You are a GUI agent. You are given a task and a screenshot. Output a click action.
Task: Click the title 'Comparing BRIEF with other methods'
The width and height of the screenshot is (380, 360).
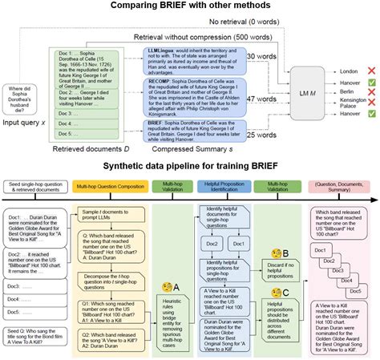[190, 7]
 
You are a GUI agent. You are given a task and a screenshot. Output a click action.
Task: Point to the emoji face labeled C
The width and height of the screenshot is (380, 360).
[272, 289]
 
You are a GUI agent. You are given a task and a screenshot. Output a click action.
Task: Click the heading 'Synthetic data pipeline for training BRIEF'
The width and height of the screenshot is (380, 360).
[190, 166]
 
